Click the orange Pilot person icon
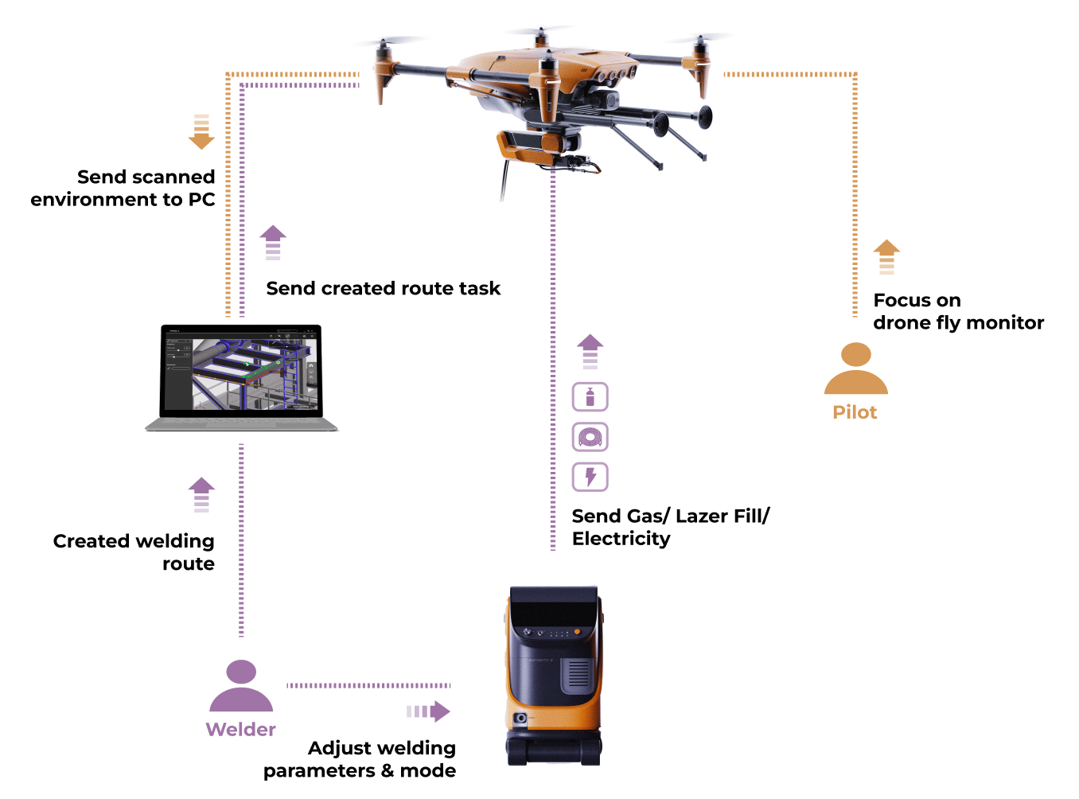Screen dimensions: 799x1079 pos(855,368)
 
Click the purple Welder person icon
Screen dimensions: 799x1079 pos(241,686)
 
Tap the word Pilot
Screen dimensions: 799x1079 pos(855,412)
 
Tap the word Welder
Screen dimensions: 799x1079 pos(240,730)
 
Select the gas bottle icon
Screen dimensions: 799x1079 pos(590,396)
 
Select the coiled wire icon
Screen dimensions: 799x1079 pos(590,437)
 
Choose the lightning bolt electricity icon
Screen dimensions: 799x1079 pos(590,477)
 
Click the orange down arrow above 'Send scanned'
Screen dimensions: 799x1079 pos(201,132)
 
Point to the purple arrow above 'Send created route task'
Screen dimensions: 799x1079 pos(273,242)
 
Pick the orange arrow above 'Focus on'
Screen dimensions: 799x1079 pos(886,257)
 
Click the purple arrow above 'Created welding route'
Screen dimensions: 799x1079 pos(201,493)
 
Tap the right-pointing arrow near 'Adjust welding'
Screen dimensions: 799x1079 pos(430,711)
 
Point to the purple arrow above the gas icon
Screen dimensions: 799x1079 pos(590,351)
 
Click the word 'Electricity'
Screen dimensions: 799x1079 pos(621,539)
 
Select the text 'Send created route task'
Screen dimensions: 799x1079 pos(383,288)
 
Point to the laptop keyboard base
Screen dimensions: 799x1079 pos(241,425)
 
